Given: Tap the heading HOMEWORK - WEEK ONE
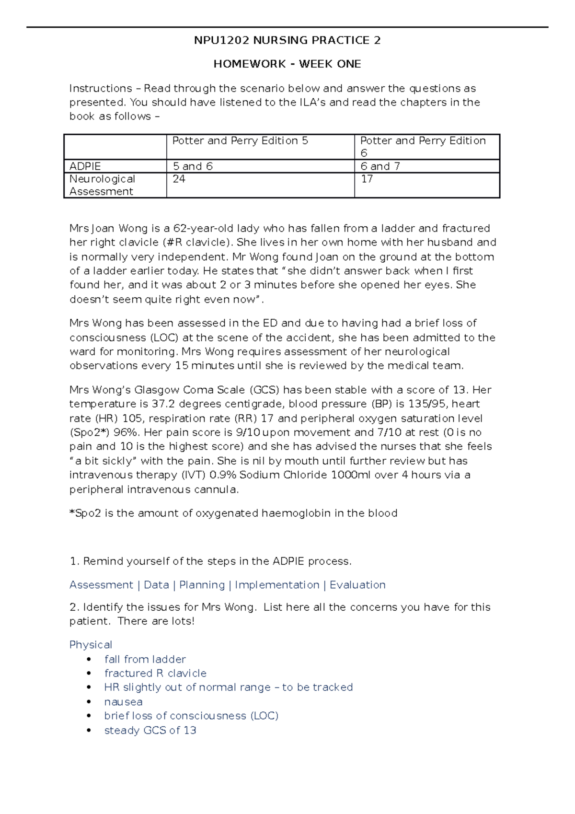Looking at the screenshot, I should tap(287, 64).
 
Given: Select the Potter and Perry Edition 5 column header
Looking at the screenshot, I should tap(240, 141).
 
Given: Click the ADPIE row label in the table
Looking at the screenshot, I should tap(85, 166).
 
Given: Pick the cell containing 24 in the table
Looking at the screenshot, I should tap(179, 179).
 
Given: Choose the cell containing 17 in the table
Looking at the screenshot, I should tap(367, 179).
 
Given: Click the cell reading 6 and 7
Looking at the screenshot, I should tap(380, 166).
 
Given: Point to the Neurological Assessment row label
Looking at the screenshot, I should tap(102, 185).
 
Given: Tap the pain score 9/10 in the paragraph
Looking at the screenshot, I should tap(248, 432).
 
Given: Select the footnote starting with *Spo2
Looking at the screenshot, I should tap(233, 513).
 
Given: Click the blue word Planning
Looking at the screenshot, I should tap(202, 585).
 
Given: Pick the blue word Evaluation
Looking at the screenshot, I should tap(357, 585).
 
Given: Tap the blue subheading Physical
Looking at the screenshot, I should tap(91, 645).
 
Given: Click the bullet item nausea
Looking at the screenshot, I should tap(123, 702).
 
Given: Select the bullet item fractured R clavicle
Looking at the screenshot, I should tap(155, 674).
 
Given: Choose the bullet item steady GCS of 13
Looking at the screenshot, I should tap(150, 730).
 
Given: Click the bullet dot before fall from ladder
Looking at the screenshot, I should tap(89, 660).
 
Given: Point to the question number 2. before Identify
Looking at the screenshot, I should tap(74, 607).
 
